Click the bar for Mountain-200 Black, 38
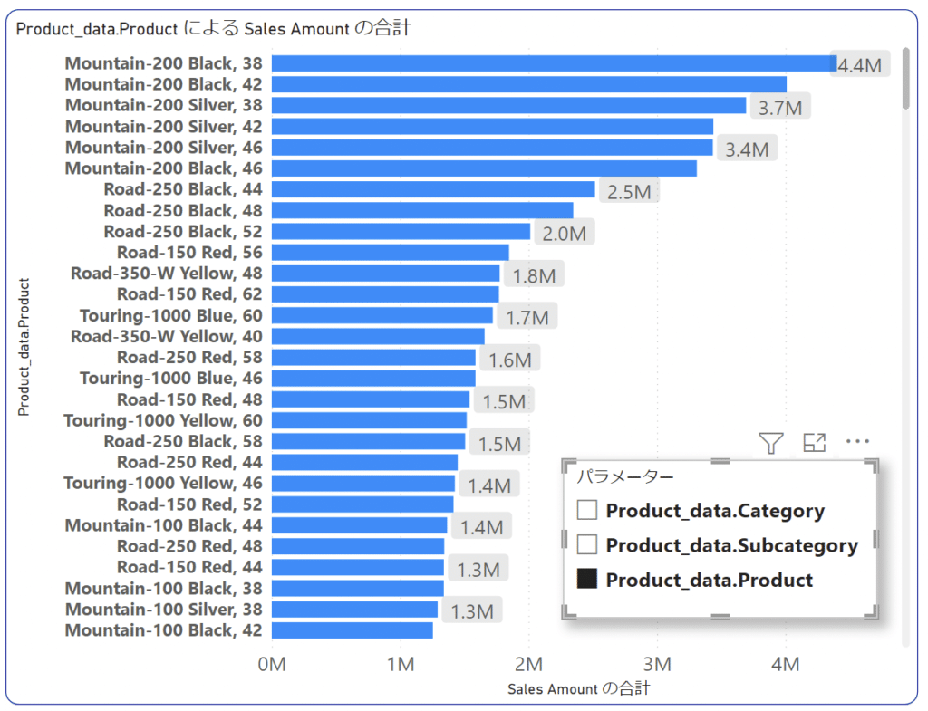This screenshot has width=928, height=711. pyautogui.click(x=553, y=63)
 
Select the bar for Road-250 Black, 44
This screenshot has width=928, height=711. pyautogui.click(x=433, y=189)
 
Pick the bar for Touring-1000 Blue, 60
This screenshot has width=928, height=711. pyautogui.click(x=382, y=315)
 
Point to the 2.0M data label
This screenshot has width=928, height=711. pyautogui.click(x=564, y=233)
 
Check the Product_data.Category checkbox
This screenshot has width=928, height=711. pyautogui.click(x=587, y=510)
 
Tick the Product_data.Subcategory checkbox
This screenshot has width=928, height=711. pyautogui.click(x=587, y=544)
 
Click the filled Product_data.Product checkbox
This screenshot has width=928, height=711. pyautogui.click(x=587, y=580)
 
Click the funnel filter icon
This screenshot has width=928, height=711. pyautogui.click(x=770, y=443)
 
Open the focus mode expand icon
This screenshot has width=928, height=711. pyautogui.click(x=815, y=443)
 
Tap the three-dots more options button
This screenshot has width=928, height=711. pyautogui.click(x=857, y=442)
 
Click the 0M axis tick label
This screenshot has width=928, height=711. pyautogui.click(x=272, y=665)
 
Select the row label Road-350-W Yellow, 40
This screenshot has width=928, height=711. pyautogui.click(x=167, y=336)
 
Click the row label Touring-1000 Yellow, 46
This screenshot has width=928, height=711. pyautogui.click(x=163, y=483)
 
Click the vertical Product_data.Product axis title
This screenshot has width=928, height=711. pyautogui.click(x=24, y=347)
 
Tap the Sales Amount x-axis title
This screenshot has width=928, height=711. pyautogui.click(x=578, y=689)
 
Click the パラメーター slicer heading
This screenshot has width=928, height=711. pyautogui.click(x=625, y=476)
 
